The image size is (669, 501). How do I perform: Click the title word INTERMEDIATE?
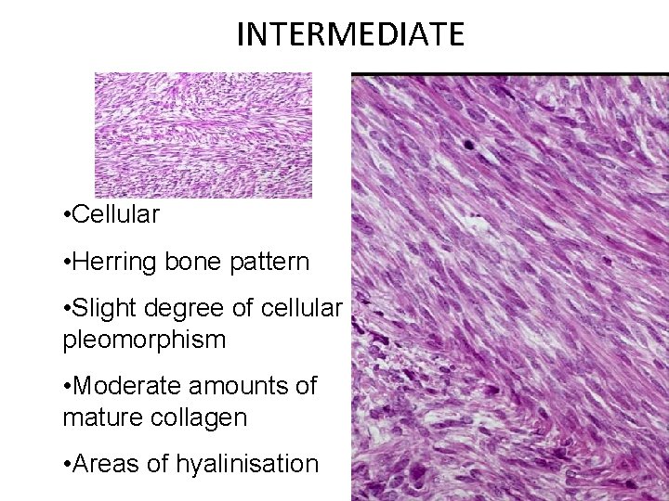[349, 34]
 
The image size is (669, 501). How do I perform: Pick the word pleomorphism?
[144, 340]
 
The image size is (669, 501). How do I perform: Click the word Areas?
[107, 463]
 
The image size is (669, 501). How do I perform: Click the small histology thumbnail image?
[203, 135]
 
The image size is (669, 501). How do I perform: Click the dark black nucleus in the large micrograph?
[469, 144]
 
